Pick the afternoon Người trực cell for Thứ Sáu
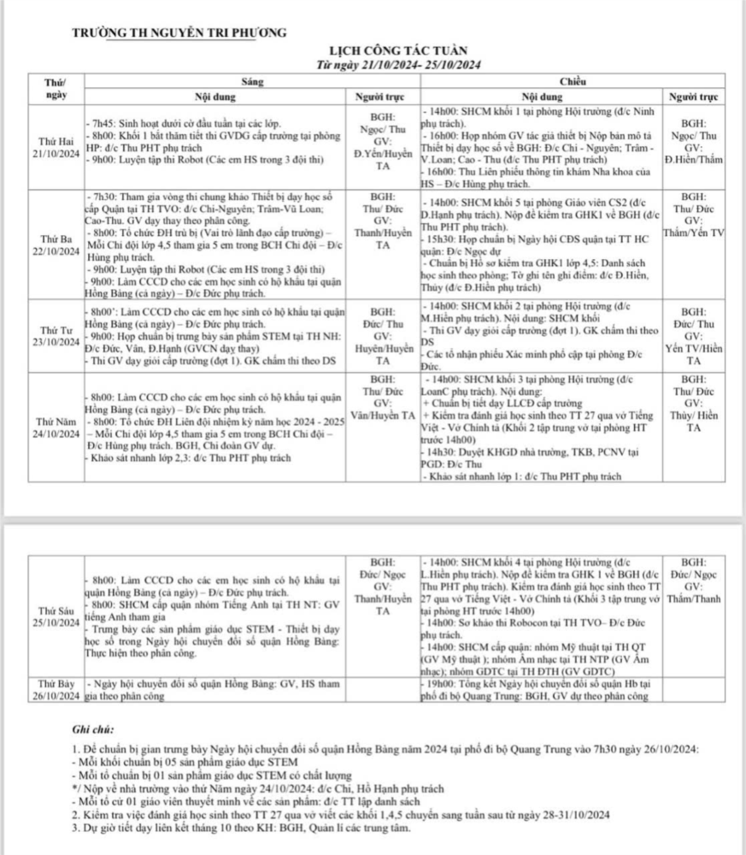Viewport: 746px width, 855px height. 694,581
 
